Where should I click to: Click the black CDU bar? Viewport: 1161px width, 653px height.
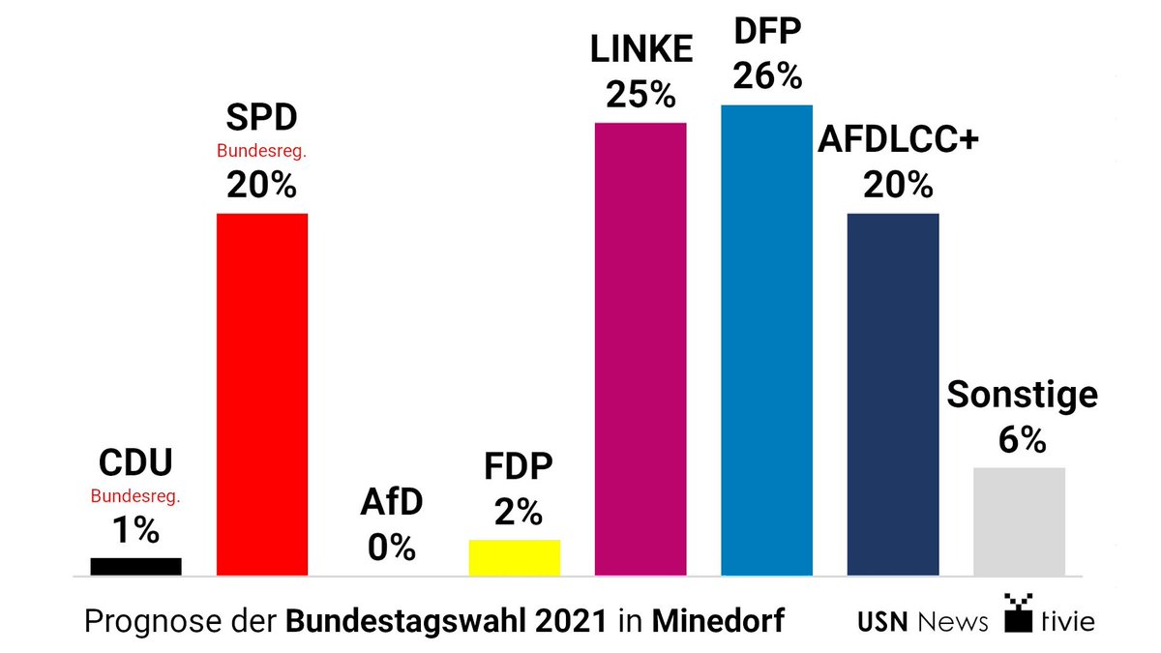pyautogui.click(x=135, y=567)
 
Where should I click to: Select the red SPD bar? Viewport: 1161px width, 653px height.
pyautogui.click(x=261, y=394)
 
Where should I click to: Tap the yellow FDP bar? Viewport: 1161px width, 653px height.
pyautogui.click(x=514, y=558)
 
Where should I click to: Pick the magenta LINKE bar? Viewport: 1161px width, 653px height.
pyautogui.click(x=640, y=348)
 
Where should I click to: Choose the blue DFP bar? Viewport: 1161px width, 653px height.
pyautogui.click(x=766, y=340)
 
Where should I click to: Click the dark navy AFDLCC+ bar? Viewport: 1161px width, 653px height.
pyautogui.click(x=892, y=394)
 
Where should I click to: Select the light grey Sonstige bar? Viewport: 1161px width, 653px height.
pyautogui.click(x=1019, y=521)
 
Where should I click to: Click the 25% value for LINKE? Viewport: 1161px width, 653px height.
pyautogui.click(x=640, y=95)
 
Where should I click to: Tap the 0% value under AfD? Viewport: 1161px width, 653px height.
pyautogui.click(x=391, y=549)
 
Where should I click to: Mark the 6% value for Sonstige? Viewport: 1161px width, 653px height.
pyautogui.click(x=1021, y=440)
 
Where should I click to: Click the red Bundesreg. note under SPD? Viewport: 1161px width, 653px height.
pyautogui.click(x=261, y=152)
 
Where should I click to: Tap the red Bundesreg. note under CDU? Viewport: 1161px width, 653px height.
pyautogui.click(x=135, y=497)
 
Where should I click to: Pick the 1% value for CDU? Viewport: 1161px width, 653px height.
pyautogui.click(x=135, y=530)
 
